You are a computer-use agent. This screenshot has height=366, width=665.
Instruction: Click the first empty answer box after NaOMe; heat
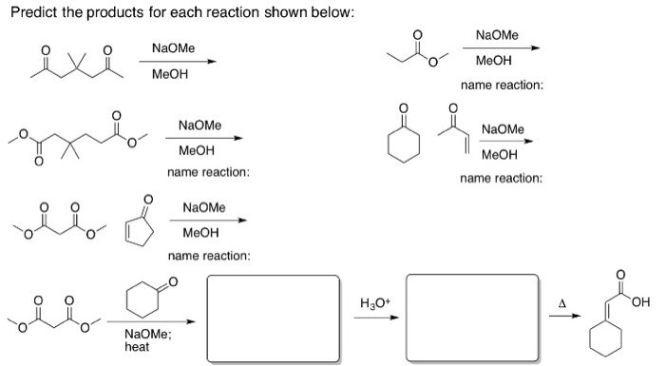click(x=273, y=313)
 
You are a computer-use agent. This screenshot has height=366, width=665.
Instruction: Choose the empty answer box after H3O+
click(x=472, y=313)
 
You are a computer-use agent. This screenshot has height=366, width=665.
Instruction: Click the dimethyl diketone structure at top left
click(x=73, y=60)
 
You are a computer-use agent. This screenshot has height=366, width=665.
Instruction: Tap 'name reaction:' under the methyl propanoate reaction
click(x=502, y=87)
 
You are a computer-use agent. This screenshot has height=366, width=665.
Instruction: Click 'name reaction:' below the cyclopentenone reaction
click(x=209, y=257)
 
